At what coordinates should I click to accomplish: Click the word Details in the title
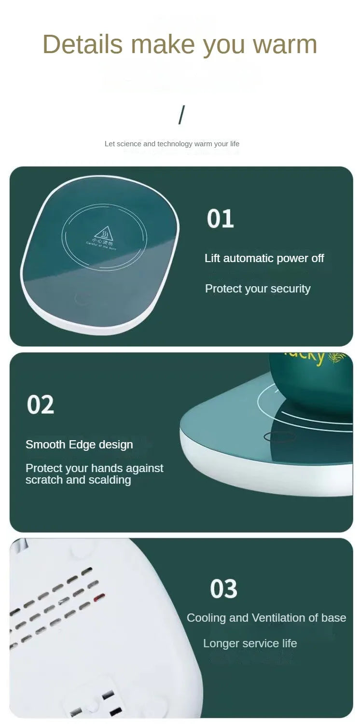point(83,44)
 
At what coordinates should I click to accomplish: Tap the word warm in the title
point(285,44)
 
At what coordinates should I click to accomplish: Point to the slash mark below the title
point(181,115)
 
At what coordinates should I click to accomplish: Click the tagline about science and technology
point(172,144)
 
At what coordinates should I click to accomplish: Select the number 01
point(221,219)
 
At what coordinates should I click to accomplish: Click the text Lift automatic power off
point(264,258)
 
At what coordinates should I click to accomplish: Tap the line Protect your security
point(258,289)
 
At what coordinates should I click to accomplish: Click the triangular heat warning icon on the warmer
point(104,233)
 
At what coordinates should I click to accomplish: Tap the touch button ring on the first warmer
point(83,299)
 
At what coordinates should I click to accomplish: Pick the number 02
point(41,404)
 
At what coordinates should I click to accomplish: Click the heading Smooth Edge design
point(79,445)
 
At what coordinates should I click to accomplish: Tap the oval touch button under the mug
point(279,437)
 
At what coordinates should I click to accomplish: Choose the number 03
point(223,589)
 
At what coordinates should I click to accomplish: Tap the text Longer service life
point(250,643)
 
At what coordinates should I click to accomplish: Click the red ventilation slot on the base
point(99,598)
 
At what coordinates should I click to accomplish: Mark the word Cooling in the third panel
point(206,618)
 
